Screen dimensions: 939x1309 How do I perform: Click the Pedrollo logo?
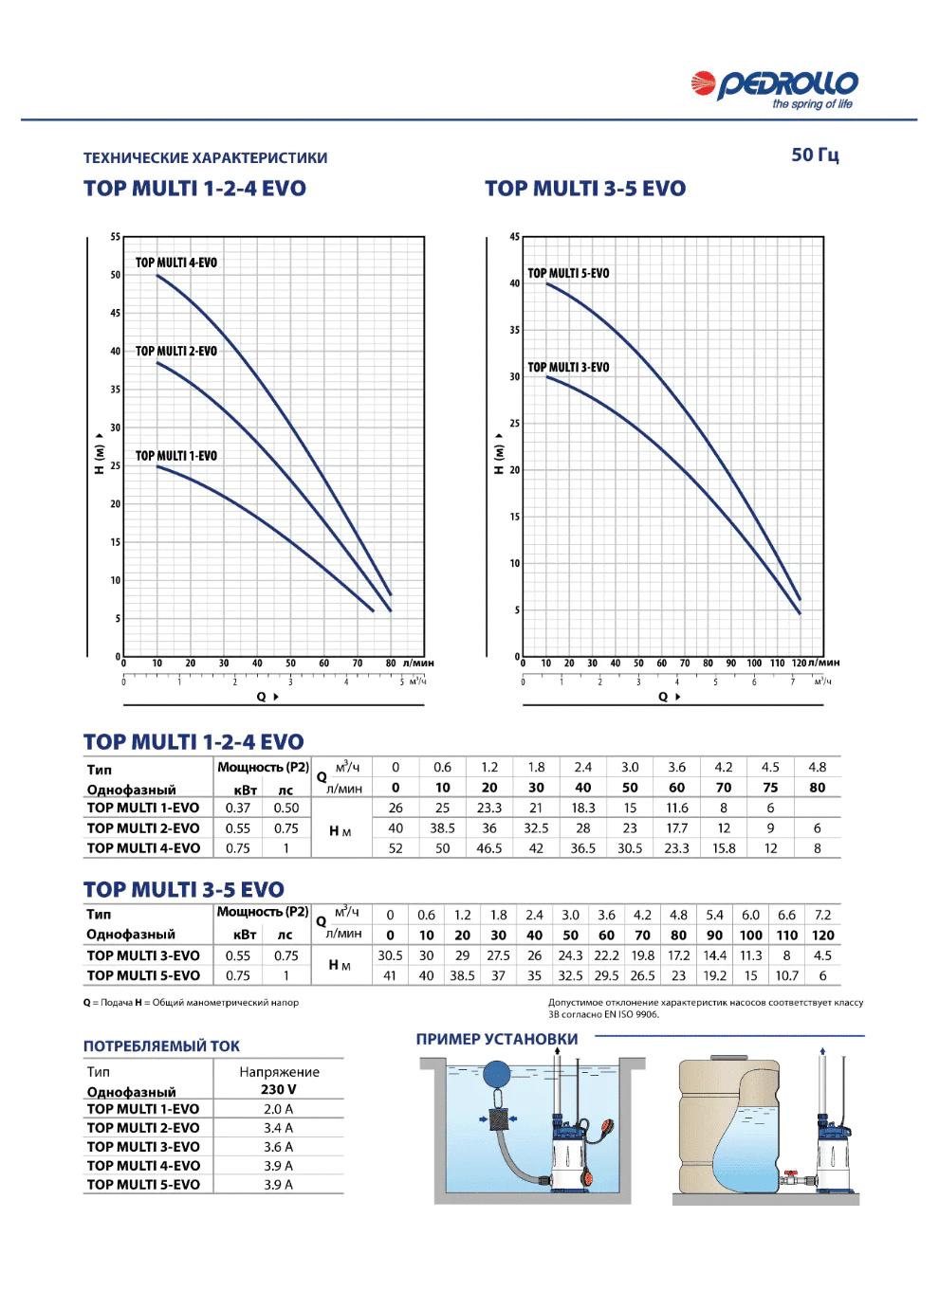click(x=774, y=89)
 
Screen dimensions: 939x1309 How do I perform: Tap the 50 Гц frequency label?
click(x=815, y=155)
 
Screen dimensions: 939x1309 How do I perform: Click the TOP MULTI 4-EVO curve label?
click(x=176, y=263)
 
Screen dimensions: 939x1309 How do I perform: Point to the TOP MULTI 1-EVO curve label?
click(x=176, y=456)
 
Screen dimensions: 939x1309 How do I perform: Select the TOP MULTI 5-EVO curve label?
click(x=568, y=274)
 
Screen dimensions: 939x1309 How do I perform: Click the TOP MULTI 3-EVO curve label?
click(x=568, y=367)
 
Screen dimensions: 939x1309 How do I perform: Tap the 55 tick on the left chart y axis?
click(x=115, y=237)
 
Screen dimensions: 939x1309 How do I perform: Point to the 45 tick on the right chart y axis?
click(x=514, y=237)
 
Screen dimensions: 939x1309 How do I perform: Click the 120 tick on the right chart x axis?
click(x=799, y=663)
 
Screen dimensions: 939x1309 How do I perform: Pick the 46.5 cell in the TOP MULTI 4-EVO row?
click(x=488, y=848)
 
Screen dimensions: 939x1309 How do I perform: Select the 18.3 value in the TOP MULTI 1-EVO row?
click(x=583, y=808)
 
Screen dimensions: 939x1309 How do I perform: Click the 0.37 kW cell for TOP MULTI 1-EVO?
click(x=238, y=808)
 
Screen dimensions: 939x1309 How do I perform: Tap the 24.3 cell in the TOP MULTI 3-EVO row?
click(x=570, y=955)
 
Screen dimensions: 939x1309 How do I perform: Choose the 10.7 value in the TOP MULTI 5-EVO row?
click(x=786, y=975)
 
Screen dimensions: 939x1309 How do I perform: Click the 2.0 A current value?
click(x=278, y=1109)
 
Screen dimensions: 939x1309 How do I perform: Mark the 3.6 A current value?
click(x=278, y=1147)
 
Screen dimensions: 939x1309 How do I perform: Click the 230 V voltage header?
click(x=278, y=1089)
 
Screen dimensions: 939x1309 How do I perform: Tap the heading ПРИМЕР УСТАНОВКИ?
click(x=497, y=1039)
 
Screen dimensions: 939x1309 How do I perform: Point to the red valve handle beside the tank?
click(x=791, y=1173)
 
